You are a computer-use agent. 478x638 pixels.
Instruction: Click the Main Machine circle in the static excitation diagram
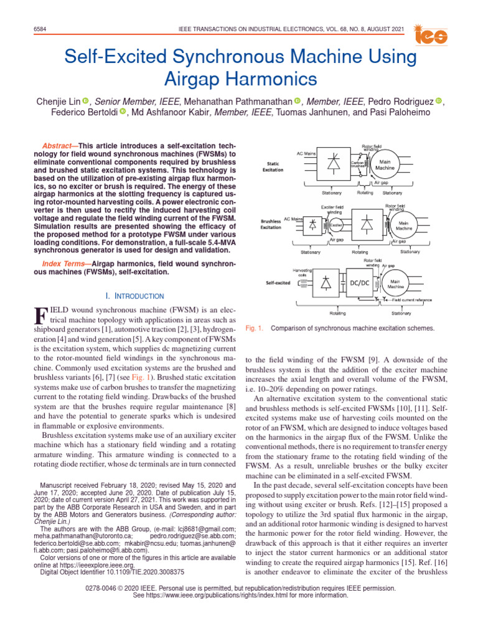tap(385, 164)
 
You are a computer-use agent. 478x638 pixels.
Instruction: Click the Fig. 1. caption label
tap(255, 328)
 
